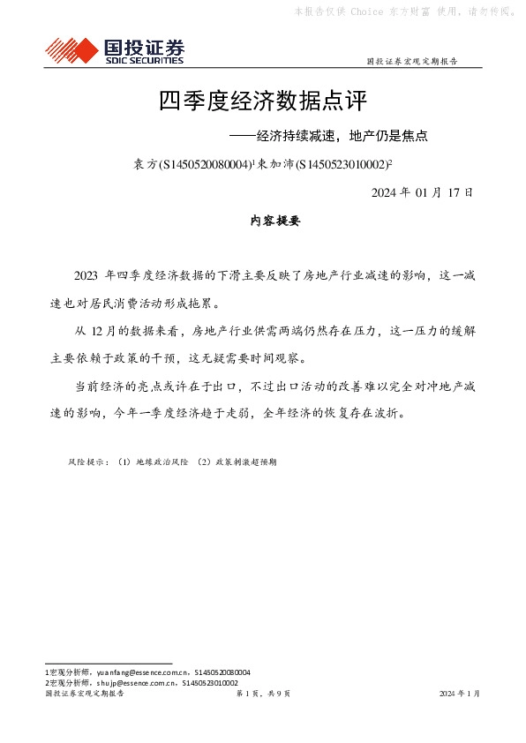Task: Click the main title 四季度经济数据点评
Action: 262,101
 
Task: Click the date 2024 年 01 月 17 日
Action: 422,191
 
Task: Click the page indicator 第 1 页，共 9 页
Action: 262,694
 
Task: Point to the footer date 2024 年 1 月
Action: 459,694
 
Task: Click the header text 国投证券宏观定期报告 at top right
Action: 411,62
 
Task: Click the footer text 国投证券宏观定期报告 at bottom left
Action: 85,694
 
